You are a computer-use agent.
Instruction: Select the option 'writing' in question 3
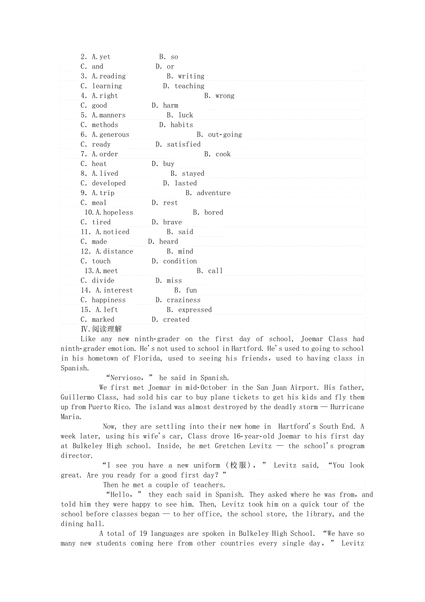pos(191,76)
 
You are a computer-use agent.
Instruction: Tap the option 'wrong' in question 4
pos(225,96)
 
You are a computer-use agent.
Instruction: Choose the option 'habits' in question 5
pos(182,125)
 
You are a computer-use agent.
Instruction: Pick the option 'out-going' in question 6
pos(225,135)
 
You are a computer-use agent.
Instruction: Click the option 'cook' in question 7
pos(223,154)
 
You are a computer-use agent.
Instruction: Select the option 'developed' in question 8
pos(109,183)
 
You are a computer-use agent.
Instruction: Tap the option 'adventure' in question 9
pos(213,193)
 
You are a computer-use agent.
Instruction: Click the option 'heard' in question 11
pos(169,241)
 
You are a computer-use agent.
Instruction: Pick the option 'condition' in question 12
pos(180,261)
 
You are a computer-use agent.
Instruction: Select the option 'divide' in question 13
pos(103,280)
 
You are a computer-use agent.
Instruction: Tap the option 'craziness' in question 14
pos(184,300)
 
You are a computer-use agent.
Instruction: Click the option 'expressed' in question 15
pos(195,310)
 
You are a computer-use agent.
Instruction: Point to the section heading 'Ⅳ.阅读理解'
pos(102,329)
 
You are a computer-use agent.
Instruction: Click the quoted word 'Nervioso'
pos(126,378)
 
